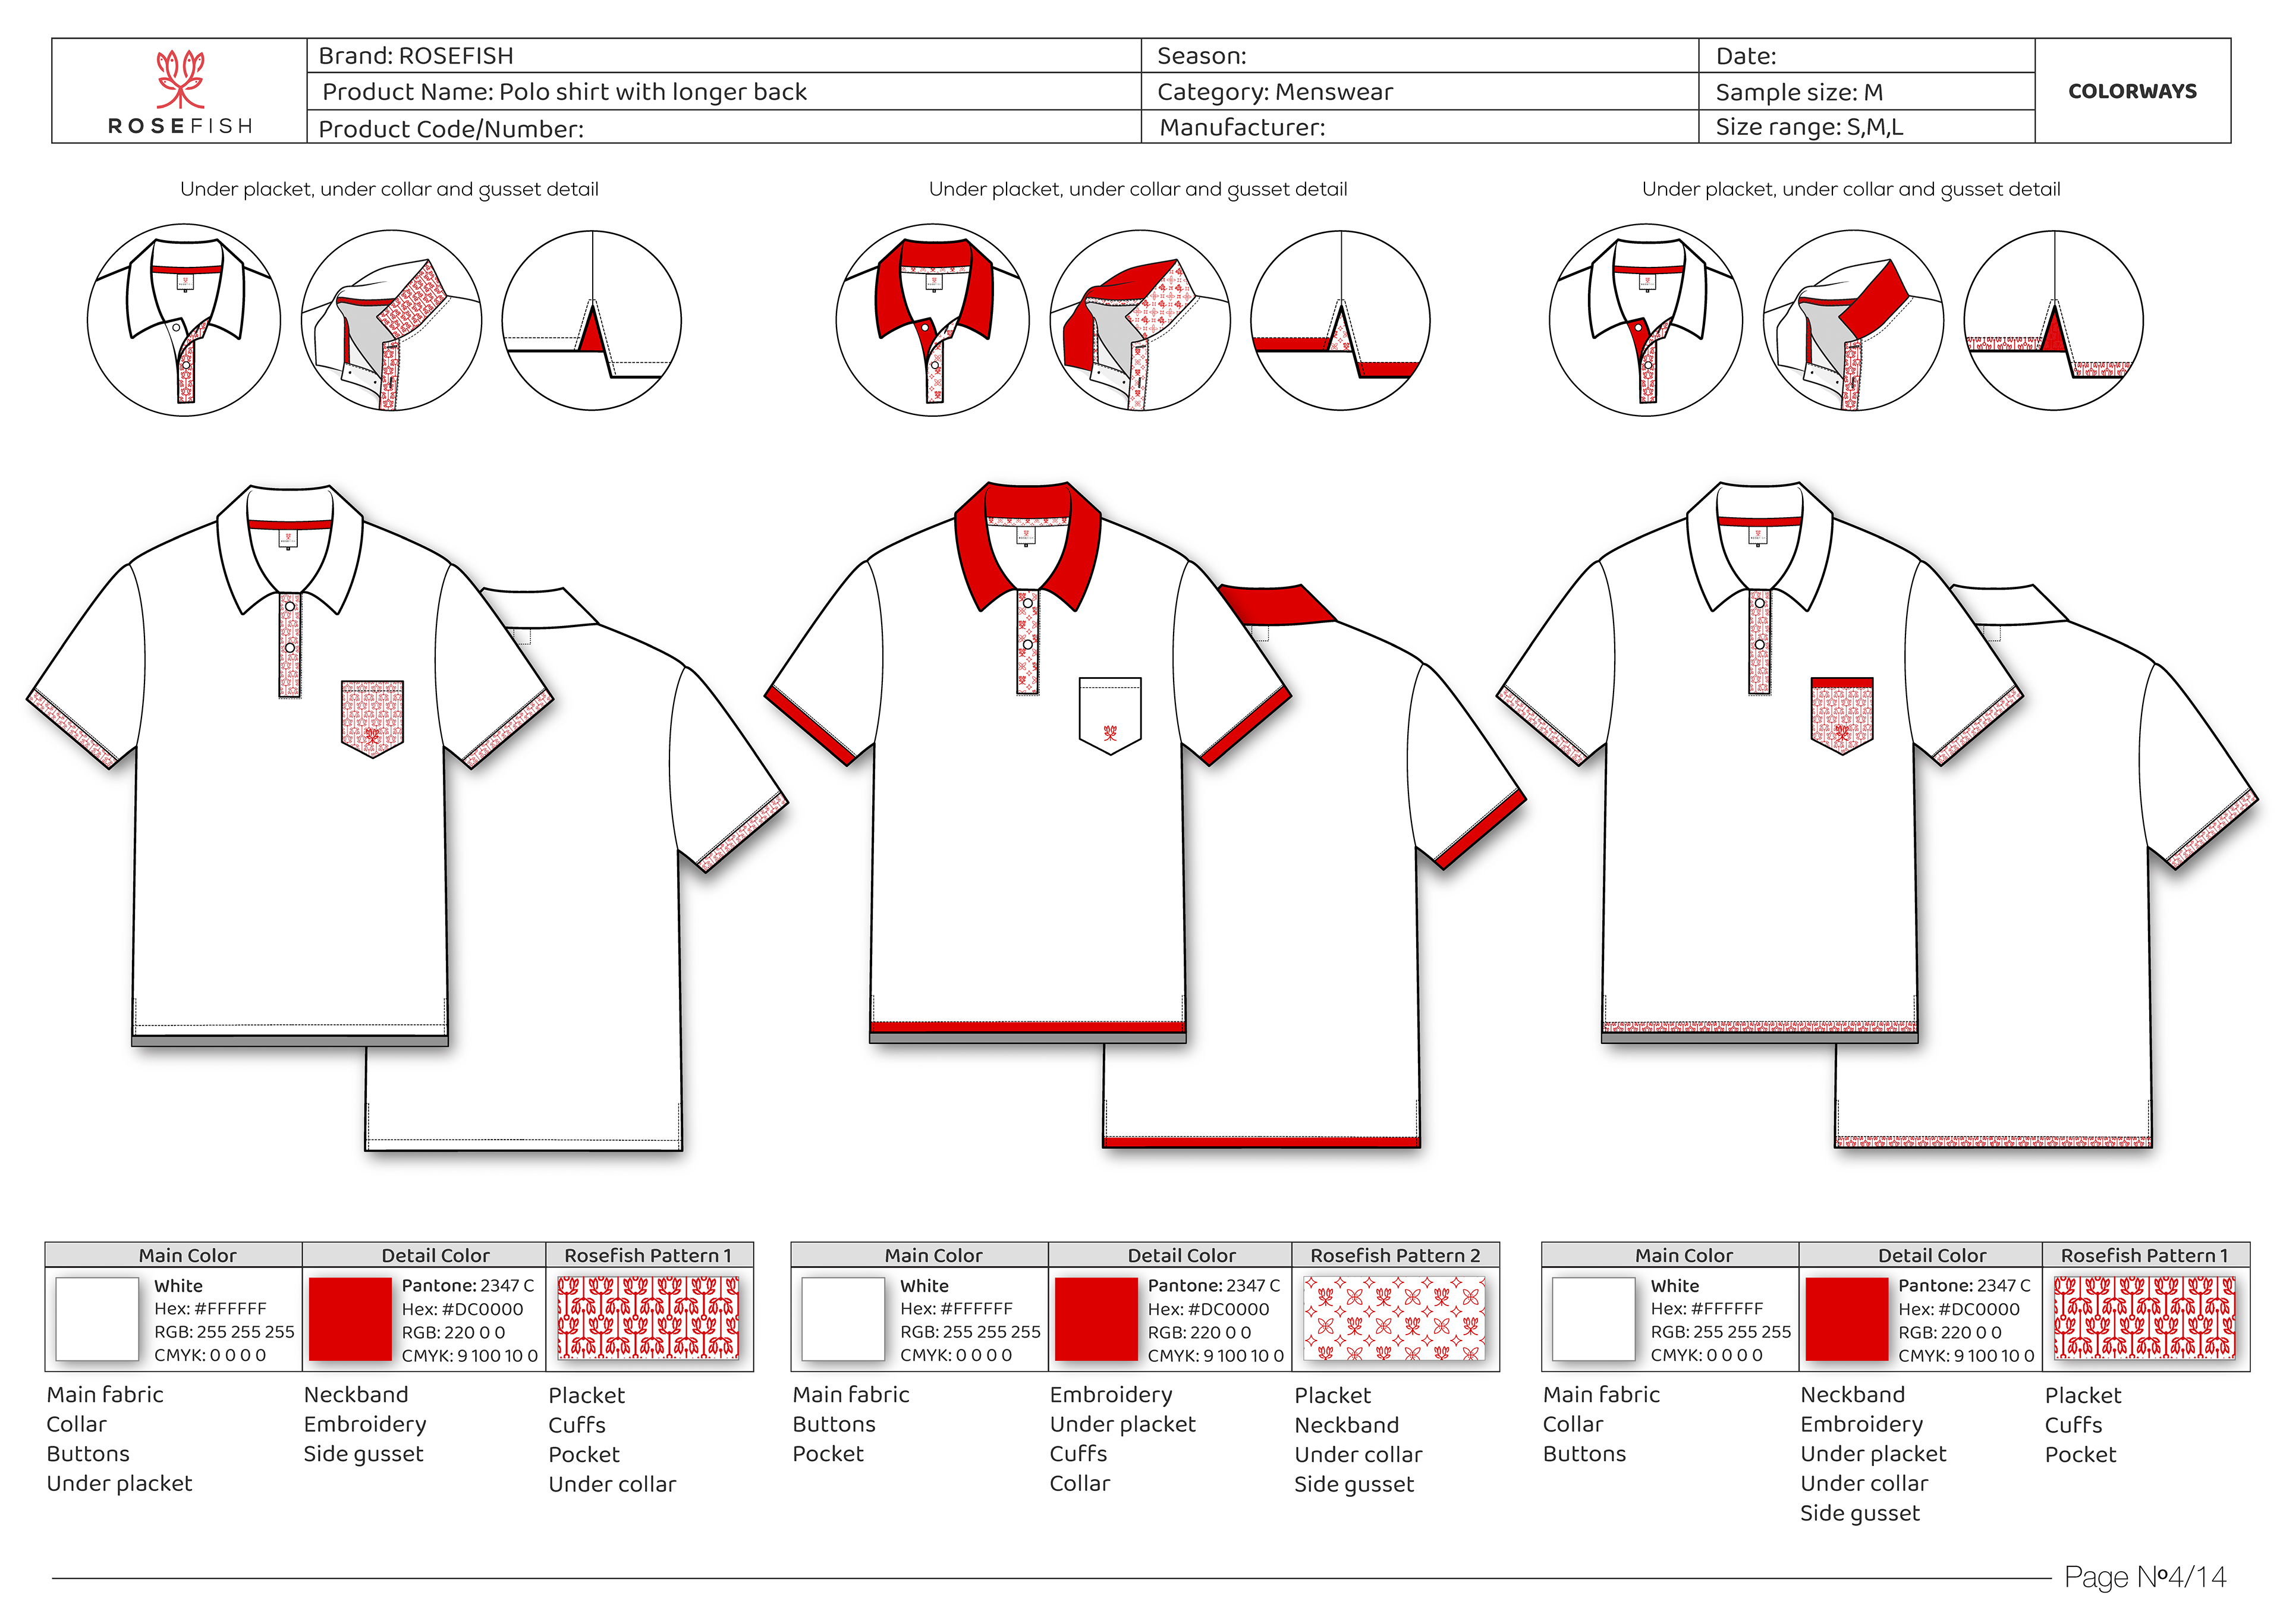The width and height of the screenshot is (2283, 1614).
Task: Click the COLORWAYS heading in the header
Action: [2132, 92]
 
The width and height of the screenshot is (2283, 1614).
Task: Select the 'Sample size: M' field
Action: [1799, 93]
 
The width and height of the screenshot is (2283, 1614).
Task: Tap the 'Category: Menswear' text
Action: [1275, 93]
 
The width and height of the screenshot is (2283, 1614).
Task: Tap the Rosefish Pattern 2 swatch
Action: [1395, 1319]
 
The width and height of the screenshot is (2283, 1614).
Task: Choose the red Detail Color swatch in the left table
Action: [350, 1319]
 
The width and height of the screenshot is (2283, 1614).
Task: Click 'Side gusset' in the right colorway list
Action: [1860, 1512]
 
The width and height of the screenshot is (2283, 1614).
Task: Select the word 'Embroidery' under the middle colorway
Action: [1111, 1394]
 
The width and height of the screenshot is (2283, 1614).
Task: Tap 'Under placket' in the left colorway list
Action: [120, 1483]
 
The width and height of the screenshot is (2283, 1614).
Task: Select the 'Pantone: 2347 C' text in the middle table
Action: [1213, 1285]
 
